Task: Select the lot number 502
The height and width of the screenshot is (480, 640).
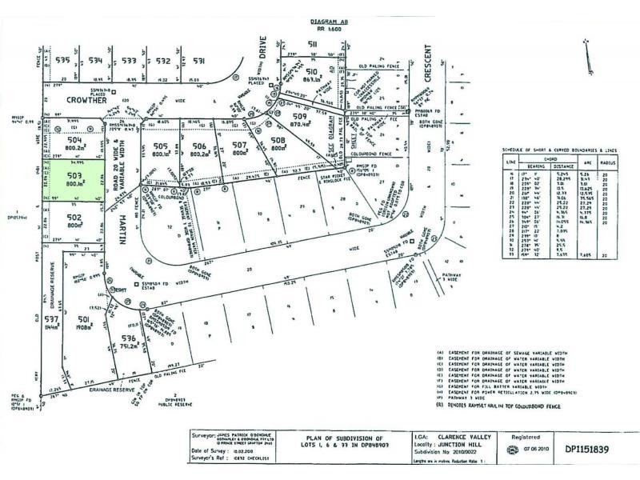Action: [74, 217]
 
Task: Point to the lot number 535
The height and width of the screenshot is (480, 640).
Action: [64, 60]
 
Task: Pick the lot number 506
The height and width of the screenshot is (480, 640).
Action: [199, 146]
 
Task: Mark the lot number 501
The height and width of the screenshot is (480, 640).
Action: [86, 322]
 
